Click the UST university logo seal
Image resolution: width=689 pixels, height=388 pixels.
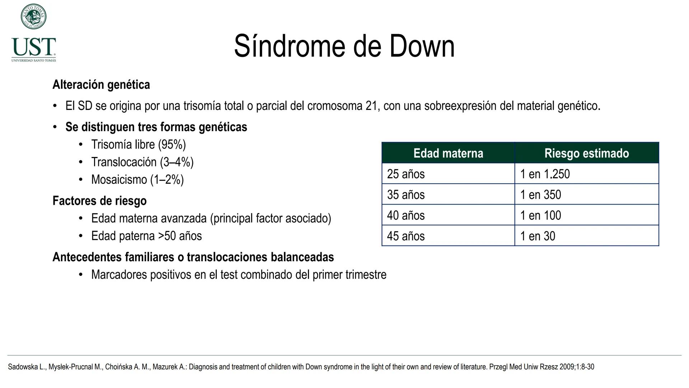33,17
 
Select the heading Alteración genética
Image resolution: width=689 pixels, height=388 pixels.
101,85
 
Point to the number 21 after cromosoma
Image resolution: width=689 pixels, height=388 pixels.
372,106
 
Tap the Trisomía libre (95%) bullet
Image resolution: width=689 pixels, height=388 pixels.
139,144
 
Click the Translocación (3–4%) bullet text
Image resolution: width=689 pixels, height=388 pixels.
142,162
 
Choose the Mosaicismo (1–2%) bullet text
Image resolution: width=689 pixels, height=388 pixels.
137,180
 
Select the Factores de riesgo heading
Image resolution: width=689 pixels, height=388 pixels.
99,200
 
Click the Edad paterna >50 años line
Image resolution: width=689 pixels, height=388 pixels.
146,236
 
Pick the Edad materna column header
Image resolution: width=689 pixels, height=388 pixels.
448,153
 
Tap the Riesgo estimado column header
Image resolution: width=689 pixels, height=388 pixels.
586,153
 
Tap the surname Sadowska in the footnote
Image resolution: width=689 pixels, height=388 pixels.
23,367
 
